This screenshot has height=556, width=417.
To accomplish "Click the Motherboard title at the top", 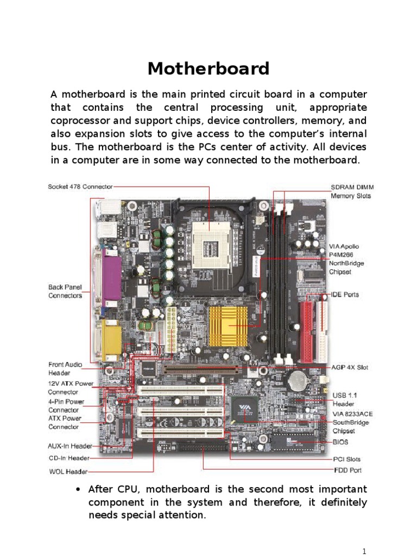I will tap(208, 69).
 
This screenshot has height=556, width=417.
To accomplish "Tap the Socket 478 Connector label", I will tap(80, 187).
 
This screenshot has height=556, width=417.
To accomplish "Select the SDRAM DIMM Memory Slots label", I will tap(352, 191).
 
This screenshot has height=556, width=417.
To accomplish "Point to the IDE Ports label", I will tap(345, 295).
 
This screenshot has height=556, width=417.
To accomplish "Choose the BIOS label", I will tap(340, 442).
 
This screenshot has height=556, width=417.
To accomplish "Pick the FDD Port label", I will tap(347, 470).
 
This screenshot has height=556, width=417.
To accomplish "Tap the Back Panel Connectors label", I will tap(65, 291).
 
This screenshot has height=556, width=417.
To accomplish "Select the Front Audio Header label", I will tap(65, 369).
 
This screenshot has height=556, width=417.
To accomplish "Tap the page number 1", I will tap(364, 551).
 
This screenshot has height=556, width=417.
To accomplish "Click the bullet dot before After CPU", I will tap(79, 489).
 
